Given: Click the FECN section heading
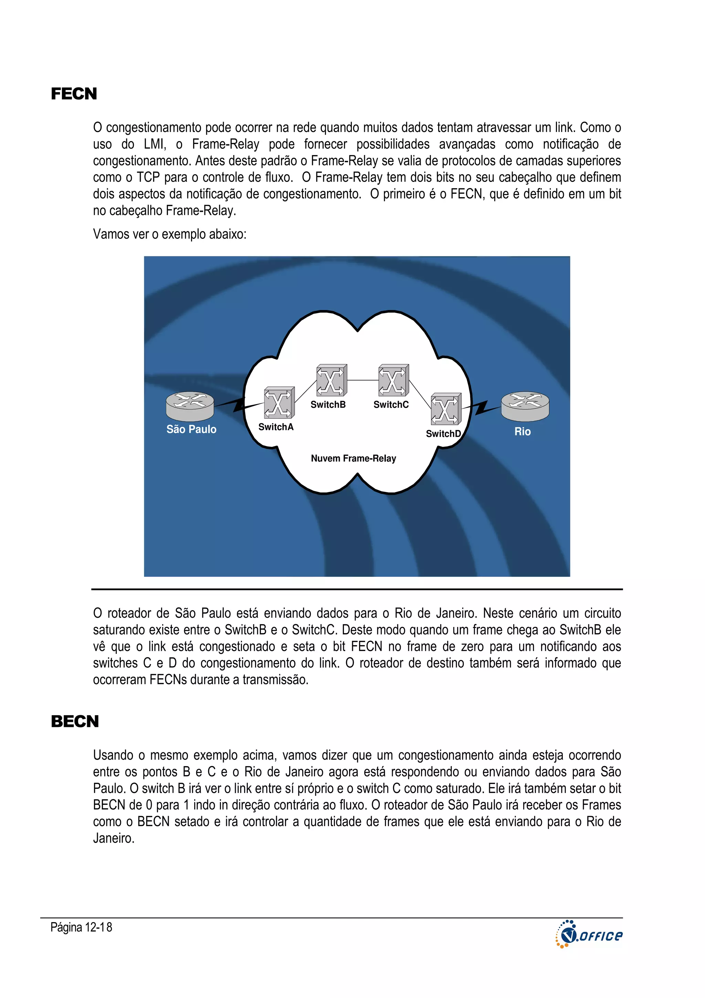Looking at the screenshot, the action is (74, 94).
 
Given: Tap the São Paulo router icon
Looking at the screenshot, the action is (190, 406).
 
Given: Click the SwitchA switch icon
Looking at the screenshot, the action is (279, 402).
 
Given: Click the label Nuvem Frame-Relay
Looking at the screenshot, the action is (353, 458).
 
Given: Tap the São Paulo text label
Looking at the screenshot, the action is (191, 430).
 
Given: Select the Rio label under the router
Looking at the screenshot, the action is (523, 432).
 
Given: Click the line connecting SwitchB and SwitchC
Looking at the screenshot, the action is (363, 380).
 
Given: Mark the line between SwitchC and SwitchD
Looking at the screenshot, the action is (420, 394).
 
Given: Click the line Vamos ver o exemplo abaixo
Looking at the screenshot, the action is (169, 234).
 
